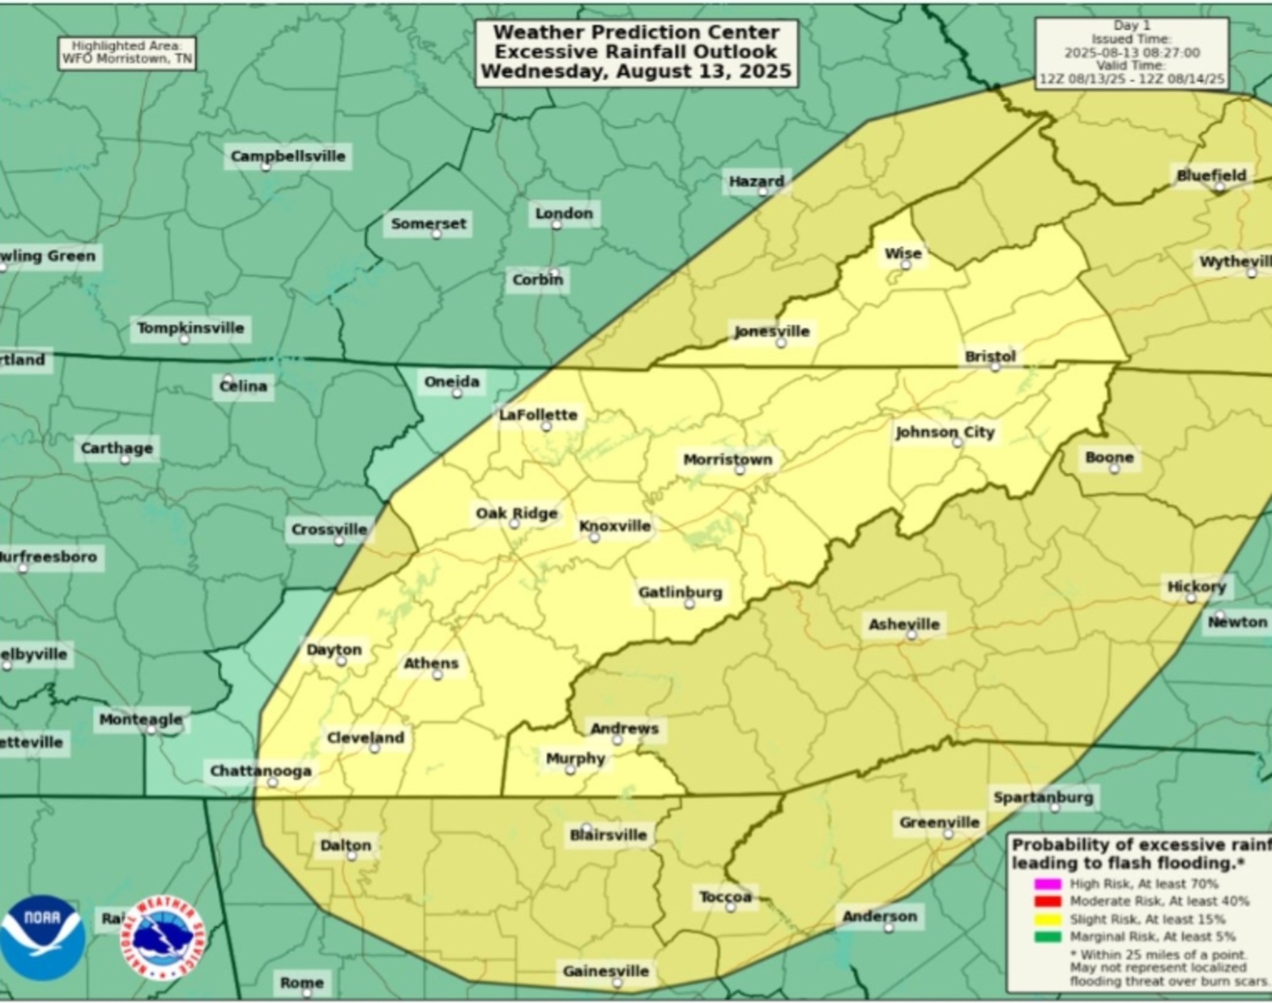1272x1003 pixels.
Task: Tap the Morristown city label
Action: click(727, 460)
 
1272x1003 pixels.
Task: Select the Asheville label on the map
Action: click(904, 624)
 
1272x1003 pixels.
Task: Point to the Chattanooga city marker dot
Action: click(272, 782)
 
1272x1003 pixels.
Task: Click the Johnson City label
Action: click(945, 432)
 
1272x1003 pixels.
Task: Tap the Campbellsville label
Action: click(288, 156)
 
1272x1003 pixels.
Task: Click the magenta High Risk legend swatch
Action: click(1048, 884)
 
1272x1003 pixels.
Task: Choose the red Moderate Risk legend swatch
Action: click(1048, 901)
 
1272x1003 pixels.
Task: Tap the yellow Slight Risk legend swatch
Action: click(1048, 920)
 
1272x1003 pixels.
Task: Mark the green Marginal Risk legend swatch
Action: click(1048, 937)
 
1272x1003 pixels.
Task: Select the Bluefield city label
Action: click(1211, 175)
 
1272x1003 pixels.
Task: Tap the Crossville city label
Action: click(329, 530)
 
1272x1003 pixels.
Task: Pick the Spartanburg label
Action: click(1043, 797)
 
